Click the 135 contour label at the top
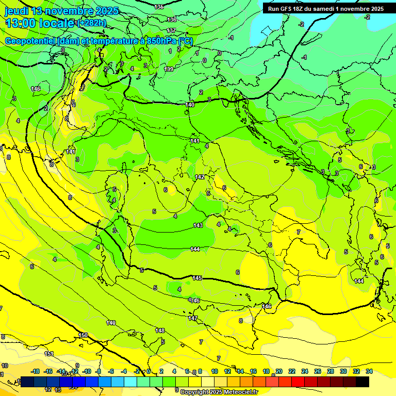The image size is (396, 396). click(159, 7)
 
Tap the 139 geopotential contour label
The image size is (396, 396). click(169, 69)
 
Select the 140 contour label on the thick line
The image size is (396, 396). click(190, 105)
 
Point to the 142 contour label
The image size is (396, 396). click(200, 177)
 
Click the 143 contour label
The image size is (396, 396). click(197, 225)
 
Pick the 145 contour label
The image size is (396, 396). click(197, 278)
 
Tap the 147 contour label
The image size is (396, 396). click(193, 318)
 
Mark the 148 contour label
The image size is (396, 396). click(160, 331)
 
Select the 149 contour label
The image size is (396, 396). click(111, 323)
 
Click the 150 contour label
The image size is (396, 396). click(83, 335)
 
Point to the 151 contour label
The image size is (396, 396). click(49, 354)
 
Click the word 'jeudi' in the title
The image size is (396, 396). click(16, 11)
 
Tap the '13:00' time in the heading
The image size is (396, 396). click(21, 23)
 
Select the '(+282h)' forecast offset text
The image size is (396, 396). click(91, 23)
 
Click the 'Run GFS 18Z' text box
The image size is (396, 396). click(325, 9)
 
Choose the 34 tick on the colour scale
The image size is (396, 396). click(369, 371)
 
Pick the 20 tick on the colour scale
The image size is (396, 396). click(279, 371)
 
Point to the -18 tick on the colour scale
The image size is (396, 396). click(36, 371)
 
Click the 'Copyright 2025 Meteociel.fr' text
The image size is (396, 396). click(219, 392)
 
